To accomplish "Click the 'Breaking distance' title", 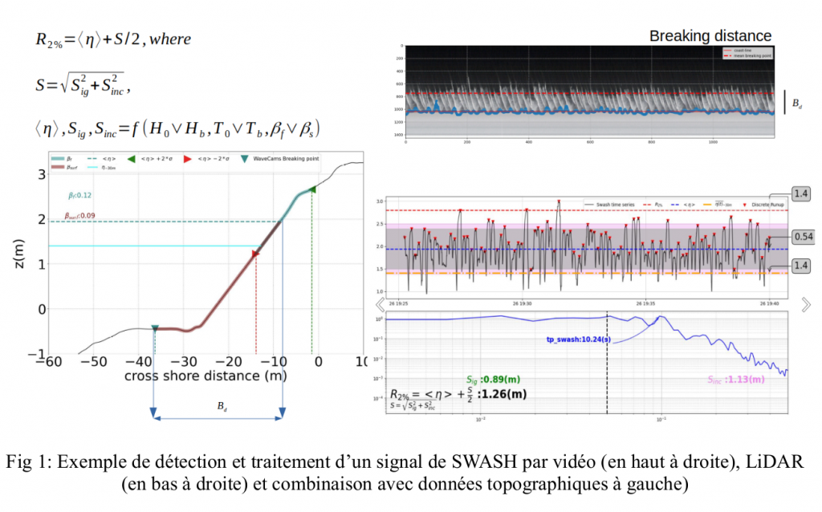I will point(710,36).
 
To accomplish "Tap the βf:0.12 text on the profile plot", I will point(80,196).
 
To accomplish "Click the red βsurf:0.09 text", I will point(80,214).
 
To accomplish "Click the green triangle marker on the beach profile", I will point(312,189).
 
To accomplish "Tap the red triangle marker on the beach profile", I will point(255,254).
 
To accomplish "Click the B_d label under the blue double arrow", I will point(222,406).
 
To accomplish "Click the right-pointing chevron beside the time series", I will point(806,304).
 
